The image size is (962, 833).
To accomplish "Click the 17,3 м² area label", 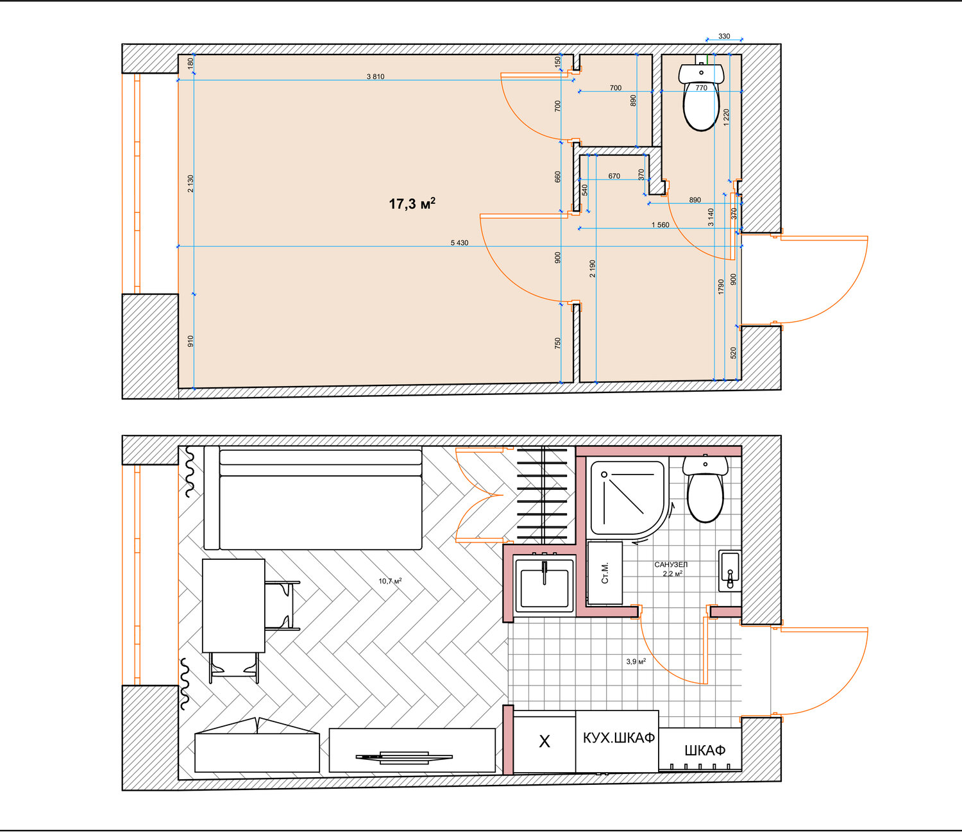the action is tap(412, 203).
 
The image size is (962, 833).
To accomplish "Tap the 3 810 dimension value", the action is tap(376, 76).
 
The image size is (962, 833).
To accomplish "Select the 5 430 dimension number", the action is tap(459, 242).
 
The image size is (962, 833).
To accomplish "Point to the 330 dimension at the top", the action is tap(723, 36).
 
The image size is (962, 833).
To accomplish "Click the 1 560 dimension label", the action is tap(660, 225).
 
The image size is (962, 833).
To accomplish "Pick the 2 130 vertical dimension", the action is tap(190, 184).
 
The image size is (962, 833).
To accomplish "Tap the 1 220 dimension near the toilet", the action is tap(726, 118).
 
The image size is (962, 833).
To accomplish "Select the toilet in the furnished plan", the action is tap(705, 489).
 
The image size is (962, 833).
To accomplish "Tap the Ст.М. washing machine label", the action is tap(605, 573).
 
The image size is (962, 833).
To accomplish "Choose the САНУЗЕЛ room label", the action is tap(671, 564).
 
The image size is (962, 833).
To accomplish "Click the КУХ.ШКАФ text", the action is tap(618, 737).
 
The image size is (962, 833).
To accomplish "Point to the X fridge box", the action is tap(544, 742).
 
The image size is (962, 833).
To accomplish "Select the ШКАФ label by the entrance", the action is tap(705, 750).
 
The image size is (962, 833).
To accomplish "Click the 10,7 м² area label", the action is tap(390, 581).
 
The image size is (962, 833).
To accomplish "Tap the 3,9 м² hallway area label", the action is tap(636, 661).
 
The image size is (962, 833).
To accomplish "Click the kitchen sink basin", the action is tap(544, 585).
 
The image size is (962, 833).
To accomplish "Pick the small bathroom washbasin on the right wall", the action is tap(730, 571).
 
